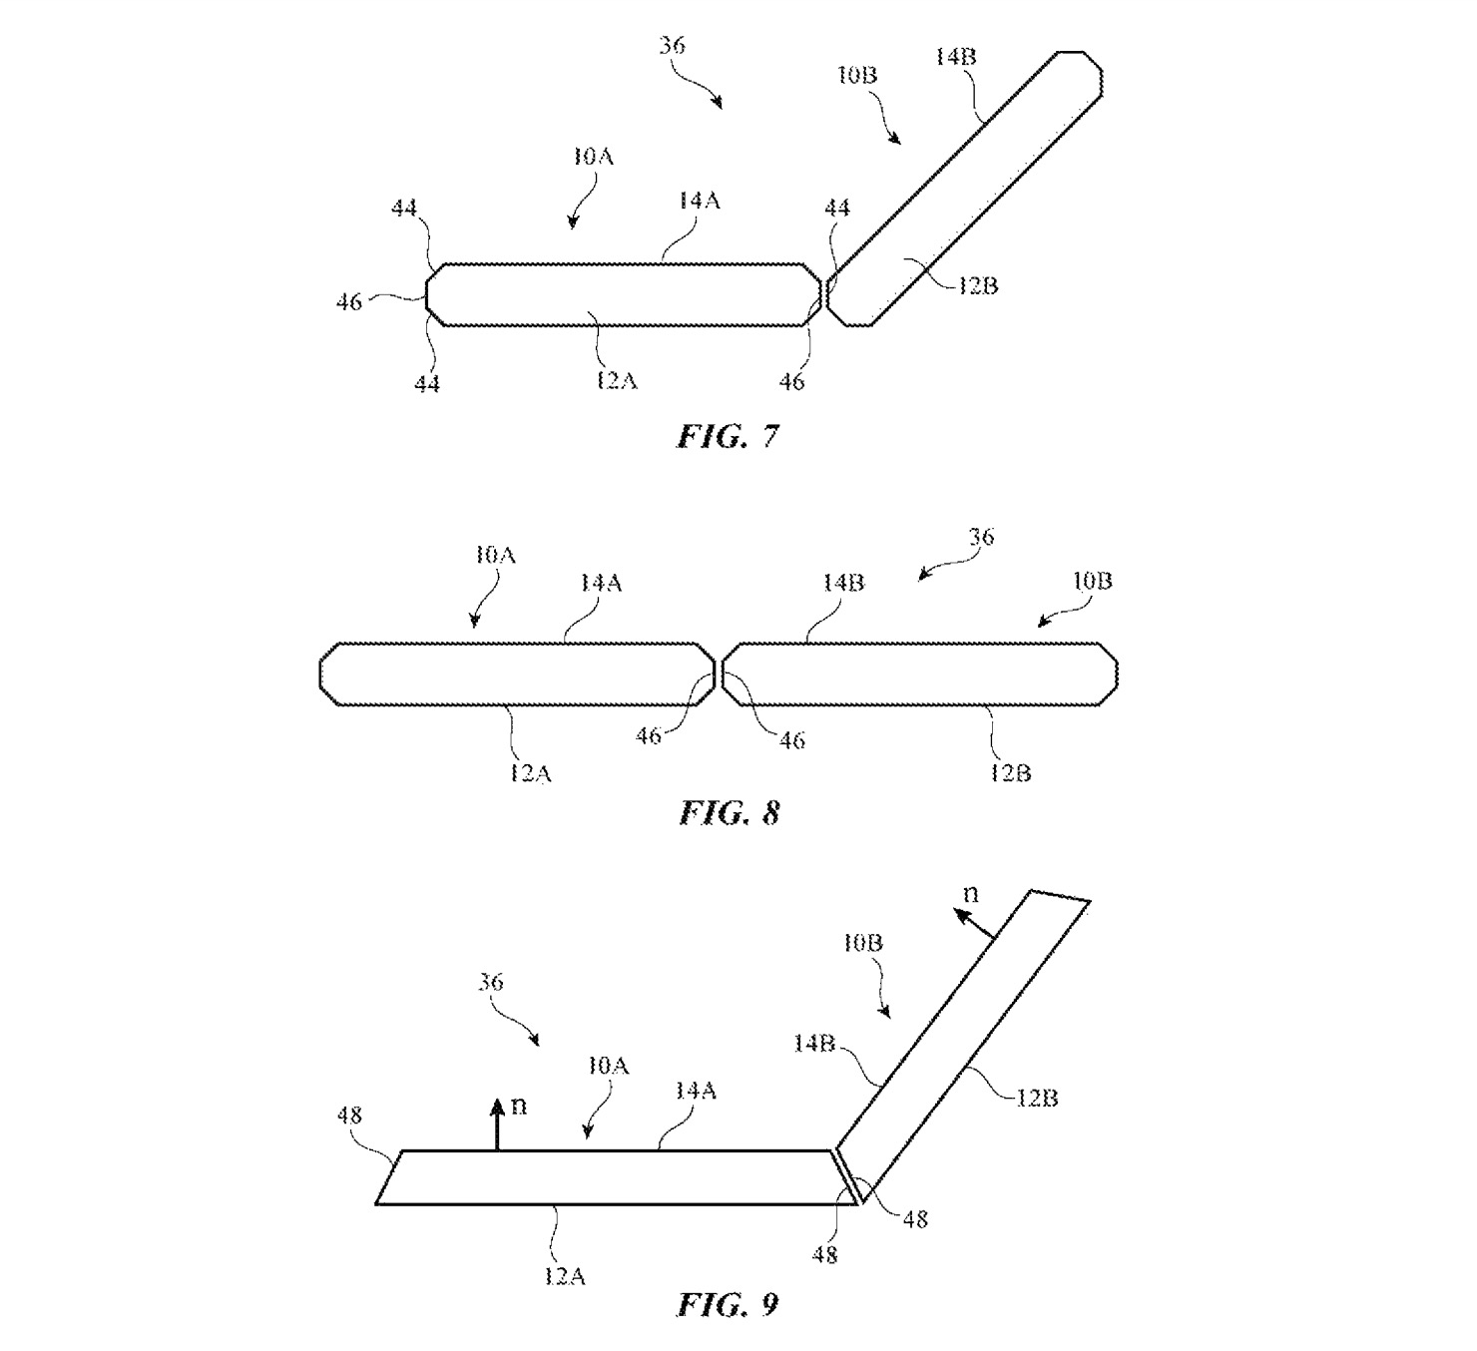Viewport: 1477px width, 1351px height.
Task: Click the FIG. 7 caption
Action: [x=727, y=436]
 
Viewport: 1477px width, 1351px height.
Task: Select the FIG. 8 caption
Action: [x=729, y=813]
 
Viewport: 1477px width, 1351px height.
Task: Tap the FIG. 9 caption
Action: [x=728, y=1303]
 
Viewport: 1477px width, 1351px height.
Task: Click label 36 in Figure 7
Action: [x=673, y=46]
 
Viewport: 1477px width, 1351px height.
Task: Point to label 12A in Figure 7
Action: [x=617, y=380]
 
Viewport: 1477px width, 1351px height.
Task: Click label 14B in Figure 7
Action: [x=955, y=57]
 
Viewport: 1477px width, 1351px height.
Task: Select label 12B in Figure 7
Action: [x=978, y=285]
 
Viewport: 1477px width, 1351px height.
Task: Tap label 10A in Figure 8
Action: [x=495, y=555]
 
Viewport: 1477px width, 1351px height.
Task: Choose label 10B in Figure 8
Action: [x=1092, y=581]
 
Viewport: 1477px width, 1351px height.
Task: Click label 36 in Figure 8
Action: [x=981, y=537]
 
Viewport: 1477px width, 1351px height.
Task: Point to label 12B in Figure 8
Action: [x=1010, y=772]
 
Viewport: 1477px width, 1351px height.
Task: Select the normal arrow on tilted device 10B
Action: [x=975, y=924]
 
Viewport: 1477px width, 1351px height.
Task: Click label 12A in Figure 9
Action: [x=565, y=1275]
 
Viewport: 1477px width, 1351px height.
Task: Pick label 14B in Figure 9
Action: [x=813, y=1043]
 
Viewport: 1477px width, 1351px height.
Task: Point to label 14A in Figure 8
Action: [x=601, y=583]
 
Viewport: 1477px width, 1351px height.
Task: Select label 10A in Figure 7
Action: [x=593, y=157]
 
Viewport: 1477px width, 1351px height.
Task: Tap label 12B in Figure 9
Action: [x=1037, y=1098]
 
